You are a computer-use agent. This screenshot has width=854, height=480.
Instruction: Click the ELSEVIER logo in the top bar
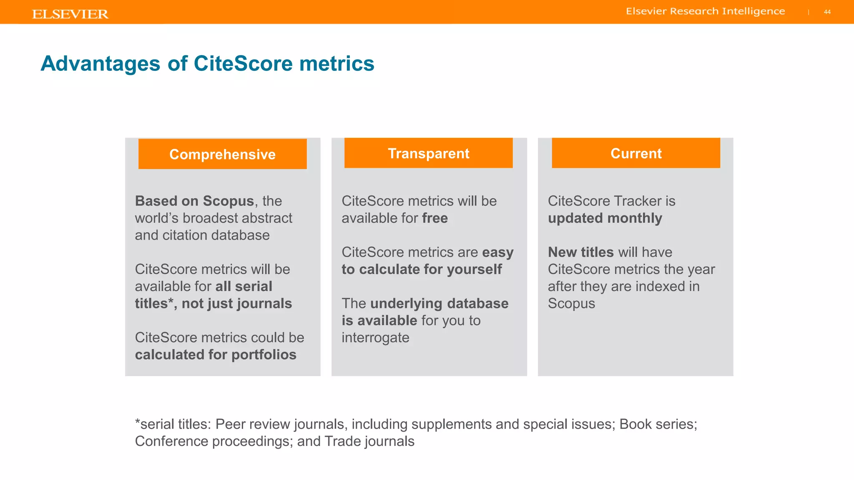tap(70, 14)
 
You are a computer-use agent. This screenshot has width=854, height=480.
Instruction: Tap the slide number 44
tap(827, 12)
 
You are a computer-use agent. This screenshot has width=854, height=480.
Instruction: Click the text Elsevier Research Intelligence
tap(705, 11)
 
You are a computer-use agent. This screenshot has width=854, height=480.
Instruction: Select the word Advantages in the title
tap(100, 64)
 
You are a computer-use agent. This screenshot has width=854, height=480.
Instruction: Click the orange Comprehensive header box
tap(222, 154)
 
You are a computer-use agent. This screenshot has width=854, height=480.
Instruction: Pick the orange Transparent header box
tap(428, 153)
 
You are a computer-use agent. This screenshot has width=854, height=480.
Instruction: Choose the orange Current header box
tap(635, 153)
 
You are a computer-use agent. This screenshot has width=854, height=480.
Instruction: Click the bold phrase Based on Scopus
tap(194, 201)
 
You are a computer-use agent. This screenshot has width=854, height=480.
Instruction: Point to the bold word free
tap(435, 218)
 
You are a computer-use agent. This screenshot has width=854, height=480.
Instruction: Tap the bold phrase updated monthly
tap(605, 218)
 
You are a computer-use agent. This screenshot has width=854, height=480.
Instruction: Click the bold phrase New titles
tap(580, 252)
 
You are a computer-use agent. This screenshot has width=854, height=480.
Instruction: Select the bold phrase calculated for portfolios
tap(216, 355)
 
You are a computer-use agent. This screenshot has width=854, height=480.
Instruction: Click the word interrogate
tap(375, 338)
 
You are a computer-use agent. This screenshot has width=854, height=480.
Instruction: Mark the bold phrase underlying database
tap(439, 304)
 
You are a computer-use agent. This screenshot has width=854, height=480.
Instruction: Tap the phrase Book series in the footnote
tap(656, 424)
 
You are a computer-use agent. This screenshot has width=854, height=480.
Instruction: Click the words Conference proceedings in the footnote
tap(213, 441)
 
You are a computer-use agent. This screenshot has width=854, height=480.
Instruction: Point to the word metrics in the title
tap(337, 64)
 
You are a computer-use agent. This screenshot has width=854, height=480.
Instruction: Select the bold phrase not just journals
tap(236, 304)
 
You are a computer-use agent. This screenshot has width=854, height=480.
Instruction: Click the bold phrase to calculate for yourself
tap(422, 270)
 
